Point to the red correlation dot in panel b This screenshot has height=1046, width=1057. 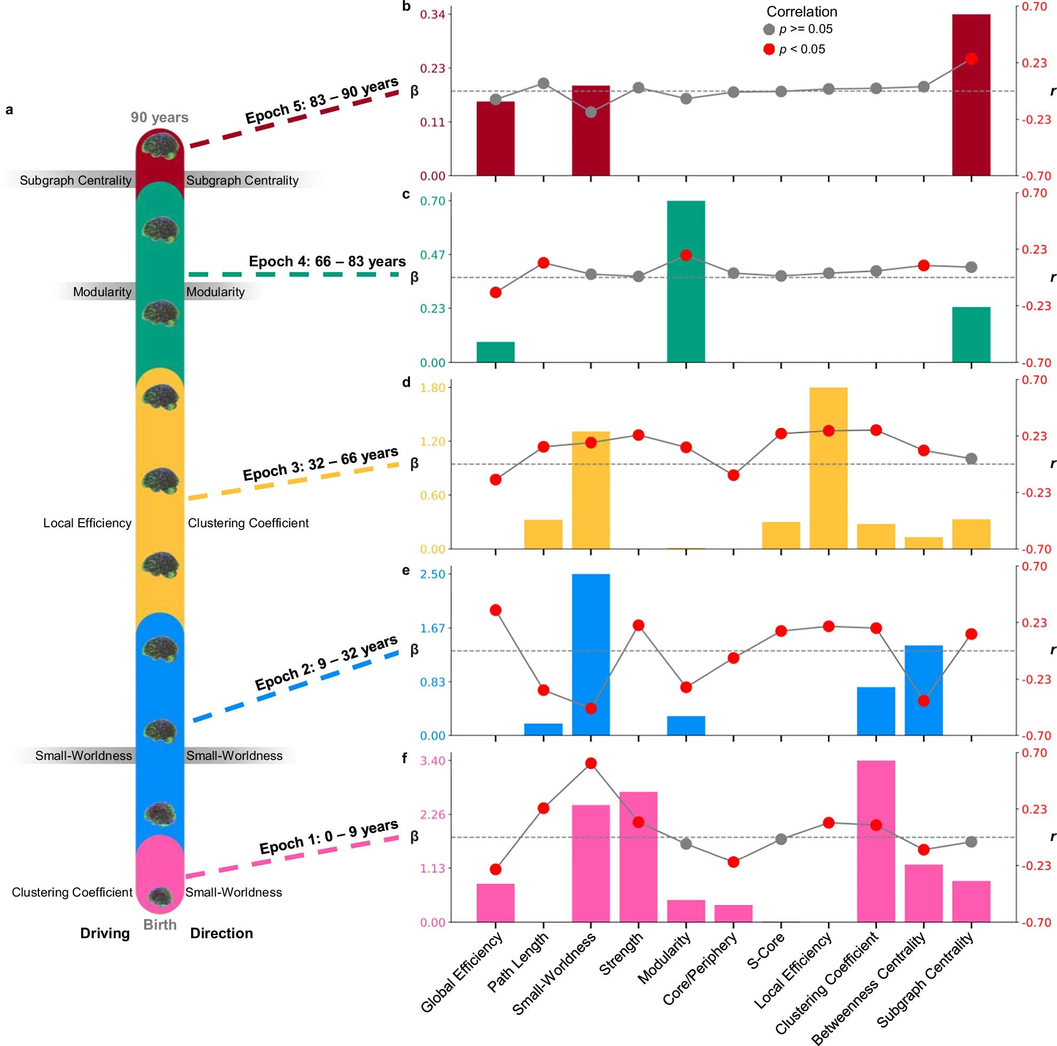coord(971,59)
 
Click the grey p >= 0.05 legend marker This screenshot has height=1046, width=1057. coord(769,29)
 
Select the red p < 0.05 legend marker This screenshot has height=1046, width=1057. coord(769,50)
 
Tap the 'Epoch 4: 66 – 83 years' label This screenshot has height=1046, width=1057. coord(327,261)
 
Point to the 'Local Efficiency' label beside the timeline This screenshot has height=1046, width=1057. coord(87,523)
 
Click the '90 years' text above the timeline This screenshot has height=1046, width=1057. coord(159,117)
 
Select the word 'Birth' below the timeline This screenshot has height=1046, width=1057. coord(160,924)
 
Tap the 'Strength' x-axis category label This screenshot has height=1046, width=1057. coord(621,954)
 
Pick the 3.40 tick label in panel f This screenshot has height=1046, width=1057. coord(432,761)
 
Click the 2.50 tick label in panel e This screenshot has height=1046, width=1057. coord(432,574)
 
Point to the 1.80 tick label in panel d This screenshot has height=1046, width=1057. coord(432,388)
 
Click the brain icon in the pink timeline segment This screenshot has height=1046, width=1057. coord(160,896)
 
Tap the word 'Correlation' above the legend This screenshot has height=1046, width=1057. coord(801,12)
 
